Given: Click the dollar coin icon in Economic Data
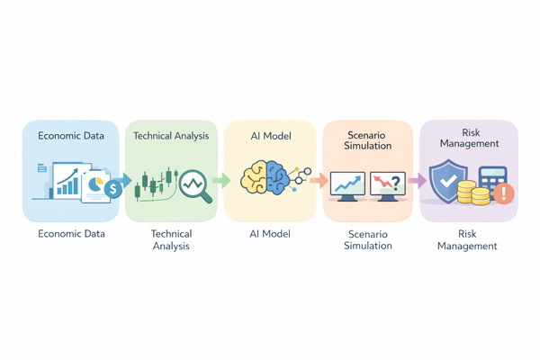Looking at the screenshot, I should pyautogui.click(x=113, y=188).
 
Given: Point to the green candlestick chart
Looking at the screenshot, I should pyautogui.click(x=155, y=183).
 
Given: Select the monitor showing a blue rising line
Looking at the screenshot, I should pyautogui.click(x=346, y=185).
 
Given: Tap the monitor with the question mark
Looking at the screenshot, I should pyautogui.click(x=388, y=185).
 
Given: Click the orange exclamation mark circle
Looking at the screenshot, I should pyautogui.click(x=504, y=193).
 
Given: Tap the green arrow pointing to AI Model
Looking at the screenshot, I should pyautogui.click(x=221, y=181).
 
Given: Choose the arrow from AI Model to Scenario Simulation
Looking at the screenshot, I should pyautogui.click(x=318, y=181).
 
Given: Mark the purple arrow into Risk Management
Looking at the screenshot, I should pyautogui.click(x=417, y=181).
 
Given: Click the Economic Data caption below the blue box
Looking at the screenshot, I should pyautogui.click(x=71, y=234).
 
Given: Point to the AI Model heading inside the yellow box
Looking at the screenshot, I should pyautogui.click(x=269, y=136).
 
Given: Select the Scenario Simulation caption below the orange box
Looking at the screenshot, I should pyautogui.click(x=367, y=240).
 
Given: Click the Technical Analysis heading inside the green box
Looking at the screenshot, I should pyautogui.click(x=171, y=136).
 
